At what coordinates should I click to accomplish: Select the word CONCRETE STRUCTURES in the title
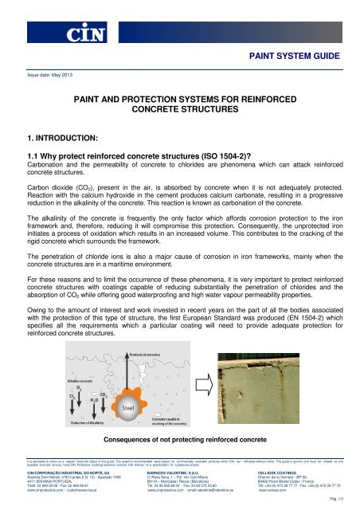click(x=180, y=105)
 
